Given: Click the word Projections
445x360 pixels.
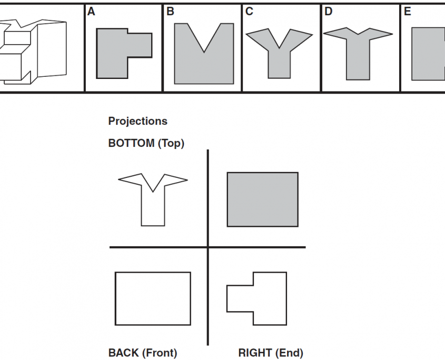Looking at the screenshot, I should click(x=137, y=121).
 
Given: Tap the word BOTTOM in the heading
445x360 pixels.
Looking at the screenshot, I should click(x=131, y=143).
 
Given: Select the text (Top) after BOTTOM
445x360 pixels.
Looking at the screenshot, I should click(x=171, y=143).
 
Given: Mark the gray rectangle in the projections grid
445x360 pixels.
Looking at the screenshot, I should click(x=262, y=199).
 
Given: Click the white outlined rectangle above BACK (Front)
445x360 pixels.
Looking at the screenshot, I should click(x=153, y=298).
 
